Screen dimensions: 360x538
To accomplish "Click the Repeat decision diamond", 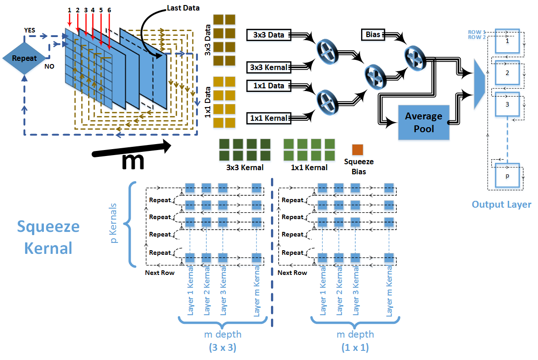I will click(x=24, y=58).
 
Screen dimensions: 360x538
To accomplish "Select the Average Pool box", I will click(x=423, y=122).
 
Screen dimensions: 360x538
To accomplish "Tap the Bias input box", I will click(x=373, y=34).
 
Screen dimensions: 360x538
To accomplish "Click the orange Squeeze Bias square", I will click(x=357, y=150).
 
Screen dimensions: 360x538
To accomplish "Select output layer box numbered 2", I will click(x=507, y=73).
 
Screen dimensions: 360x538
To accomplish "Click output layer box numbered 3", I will click(x=507, y=104).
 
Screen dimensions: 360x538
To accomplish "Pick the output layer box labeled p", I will click(x=507, y=175).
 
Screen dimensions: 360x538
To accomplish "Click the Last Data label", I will click(x=183, y=7).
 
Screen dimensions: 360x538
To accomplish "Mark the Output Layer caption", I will click(x=501, y=204).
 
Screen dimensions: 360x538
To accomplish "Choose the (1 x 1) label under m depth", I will click(x=355, y=347).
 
